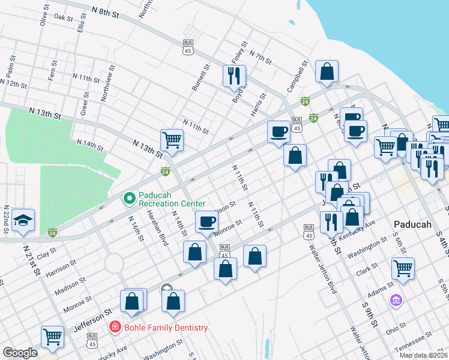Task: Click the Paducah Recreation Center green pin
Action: (128, 197)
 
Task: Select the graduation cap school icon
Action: (23, 220)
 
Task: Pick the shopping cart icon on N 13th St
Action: (172, 140)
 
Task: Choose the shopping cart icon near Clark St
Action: (402, 269)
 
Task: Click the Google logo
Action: (20, 353)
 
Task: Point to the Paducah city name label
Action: (413, 224)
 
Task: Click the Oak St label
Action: (63, 17)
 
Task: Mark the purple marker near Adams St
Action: (396, 299)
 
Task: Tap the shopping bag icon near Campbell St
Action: (327, 71)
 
